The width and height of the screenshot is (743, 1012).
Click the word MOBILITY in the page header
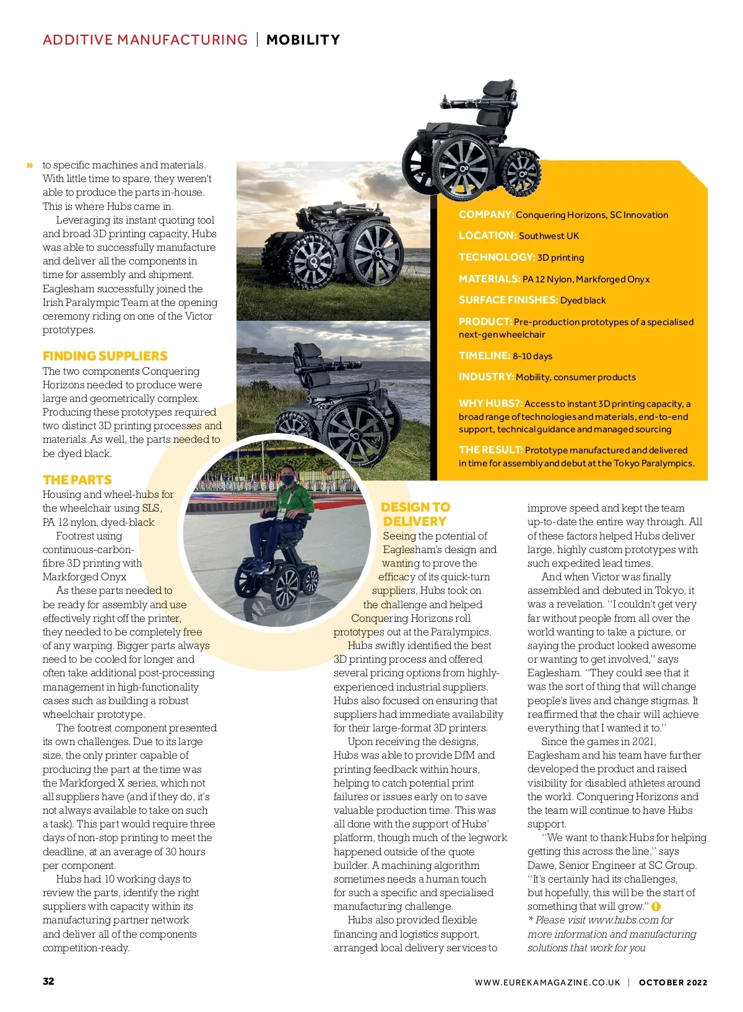(303, 40)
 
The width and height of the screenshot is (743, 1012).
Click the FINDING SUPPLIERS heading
(105, 356)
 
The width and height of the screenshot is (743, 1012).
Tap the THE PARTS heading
(77, 480)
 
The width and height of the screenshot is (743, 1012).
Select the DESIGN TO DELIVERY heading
(415, 514)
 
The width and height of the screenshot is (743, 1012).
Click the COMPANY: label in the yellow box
(486, 214)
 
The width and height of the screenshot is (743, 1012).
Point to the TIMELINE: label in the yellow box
(484, 356)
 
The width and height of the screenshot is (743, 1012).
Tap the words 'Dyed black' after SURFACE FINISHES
(583, 300)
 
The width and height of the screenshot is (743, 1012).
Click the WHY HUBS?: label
(490, 403)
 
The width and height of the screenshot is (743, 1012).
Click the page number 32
(48, 981)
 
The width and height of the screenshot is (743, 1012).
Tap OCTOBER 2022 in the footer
(673, 982)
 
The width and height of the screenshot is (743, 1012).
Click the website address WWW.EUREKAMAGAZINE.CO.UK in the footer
(547, 982)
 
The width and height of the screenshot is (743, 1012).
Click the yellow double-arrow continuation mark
(30, 165)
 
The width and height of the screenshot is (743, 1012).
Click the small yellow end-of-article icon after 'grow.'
(656, 907)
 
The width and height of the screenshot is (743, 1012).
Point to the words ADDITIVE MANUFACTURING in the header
(145, 40)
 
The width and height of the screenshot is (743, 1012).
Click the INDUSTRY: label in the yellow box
(485, 377)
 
